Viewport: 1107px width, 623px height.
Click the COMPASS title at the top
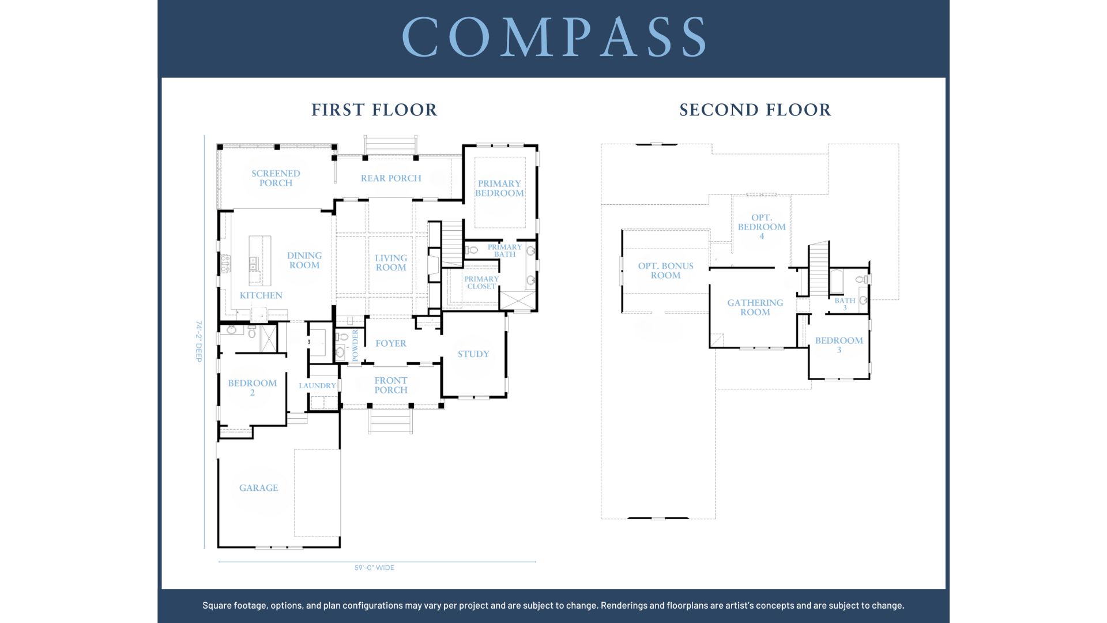(x=553, y=36)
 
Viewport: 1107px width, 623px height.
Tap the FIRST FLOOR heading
(x=374, y=110)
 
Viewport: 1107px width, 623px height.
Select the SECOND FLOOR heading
(x=755, y=110)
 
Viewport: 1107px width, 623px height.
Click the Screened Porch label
(x=276, y=178)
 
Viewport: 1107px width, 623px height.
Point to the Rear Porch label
(x=391, y=178)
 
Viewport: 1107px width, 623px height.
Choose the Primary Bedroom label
(x=499, y=189)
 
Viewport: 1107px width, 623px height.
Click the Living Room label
(x=391, y=262)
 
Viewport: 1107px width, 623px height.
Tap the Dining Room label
(x=304, y=260)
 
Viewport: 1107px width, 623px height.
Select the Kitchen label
(x=261, y=295)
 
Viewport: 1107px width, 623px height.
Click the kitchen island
(x=259, y=261)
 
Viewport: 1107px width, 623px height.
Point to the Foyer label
(x=391, y=343)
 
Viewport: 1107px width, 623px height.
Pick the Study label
(x=473, y=354)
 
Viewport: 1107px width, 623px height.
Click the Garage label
(x=258, y=488)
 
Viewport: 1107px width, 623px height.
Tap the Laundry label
(x=317, y=386)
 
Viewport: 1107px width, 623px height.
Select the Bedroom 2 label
(x=252, y=388)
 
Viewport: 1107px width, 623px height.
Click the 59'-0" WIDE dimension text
(x=374, y=568)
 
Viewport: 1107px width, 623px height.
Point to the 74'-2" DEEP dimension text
(x=199, y=341)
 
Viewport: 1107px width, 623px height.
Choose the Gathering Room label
(x=755, y=307)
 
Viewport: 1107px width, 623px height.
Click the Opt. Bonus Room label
(x=665, y=271)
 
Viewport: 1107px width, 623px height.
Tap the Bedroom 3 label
(x=839, y=345)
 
